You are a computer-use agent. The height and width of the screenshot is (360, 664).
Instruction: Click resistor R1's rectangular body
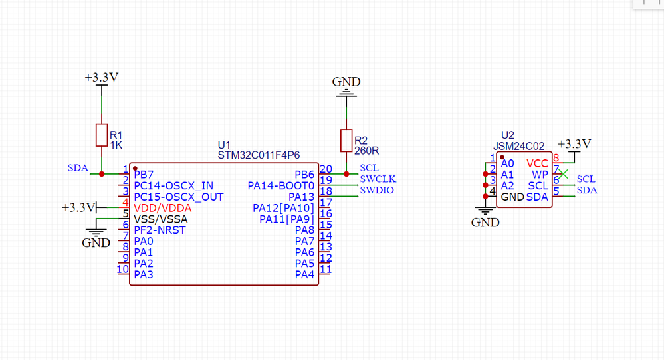[x=102, y=135]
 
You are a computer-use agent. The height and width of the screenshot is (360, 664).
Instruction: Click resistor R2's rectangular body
[x=346, y=140]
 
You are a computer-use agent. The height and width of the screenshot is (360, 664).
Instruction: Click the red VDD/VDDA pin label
[x=163, y=208]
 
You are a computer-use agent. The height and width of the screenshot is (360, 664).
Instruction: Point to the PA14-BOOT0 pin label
[x=280, y=185]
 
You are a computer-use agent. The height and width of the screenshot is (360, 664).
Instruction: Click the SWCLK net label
[x=378, y=179]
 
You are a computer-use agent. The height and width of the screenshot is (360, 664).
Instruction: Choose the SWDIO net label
[x=377, y=191]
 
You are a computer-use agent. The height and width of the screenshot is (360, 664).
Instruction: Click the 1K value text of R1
[x=117, y=144]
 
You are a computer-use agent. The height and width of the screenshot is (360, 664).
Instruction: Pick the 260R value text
[x=366, y=150]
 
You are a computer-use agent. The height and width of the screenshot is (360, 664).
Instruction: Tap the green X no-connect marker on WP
[x=564, y=174]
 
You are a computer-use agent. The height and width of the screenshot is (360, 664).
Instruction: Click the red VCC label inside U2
[x=537, y=163]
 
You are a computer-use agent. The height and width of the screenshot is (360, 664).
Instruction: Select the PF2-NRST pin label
[x=160, y=230]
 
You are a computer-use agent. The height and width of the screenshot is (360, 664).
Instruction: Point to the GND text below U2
[x=485, y=223]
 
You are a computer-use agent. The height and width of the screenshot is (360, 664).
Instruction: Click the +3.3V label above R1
[x=102, y=78]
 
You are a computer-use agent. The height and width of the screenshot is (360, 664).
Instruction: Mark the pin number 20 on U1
[x=326, y=169]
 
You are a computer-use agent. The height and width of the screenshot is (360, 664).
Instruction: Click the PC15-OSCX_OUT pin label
[x=179, y=197]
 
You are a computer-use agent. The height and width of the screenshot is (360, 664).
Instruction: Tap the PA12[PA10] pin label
[x=284, y=208]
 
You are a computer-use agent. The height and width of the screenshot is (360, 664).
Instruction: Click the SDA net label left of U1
[x=78, y=168]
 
